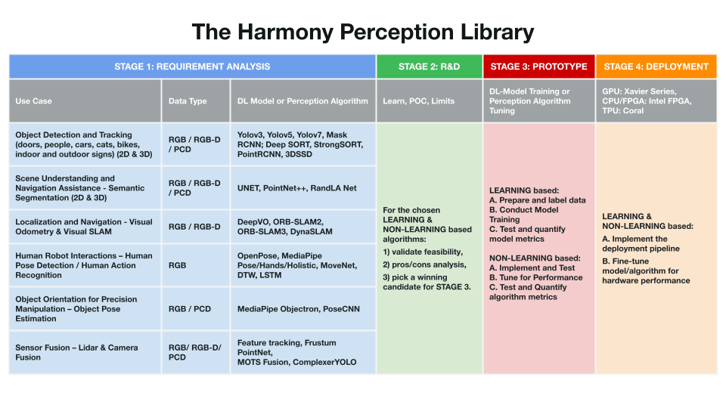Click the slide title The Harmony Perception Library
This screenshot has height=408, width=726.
(362, 32)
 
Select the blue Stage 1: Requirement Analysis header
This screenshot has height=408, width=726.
(192, 66)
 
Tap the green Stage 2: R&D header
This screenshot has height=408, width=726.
(430, 66)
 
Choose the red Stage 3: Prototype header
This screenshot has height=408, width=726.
(539, 66)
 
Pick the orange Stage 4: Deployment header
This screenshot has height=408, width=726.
(656, 66)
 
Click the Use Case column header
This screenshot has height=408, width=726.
(85, 100)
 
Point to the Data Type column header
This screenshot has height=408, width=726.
(195, 100)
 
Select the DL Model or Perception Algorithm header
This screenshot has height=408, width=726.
(302, 100)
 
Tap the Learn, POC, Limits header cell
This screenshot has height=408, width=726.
(430, 100)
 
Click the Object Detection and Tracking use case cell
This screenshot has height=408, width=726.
(85, 144)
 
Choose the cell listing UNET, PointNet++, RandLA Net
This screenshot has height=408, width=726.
(302, 188)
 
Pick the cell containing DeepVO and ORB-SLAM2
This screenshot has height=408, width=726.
(302, 227)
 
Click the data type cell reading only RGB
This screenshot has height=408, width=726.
(195, 265)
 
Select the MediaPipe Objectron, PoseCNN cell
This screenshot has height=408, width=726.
(302, 308)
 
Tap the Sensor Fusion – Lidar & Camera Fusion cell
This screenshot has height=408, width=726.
(85, 353)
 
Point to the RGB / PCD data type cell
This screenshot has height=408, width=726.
(195, 308)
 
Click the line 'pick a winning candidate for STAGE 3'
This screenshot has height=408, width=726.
(427, 282)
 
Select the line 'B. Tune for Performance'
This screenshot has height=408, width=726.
(536, 277)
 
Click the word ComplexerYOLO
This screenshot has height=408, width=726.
(324, 362)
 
